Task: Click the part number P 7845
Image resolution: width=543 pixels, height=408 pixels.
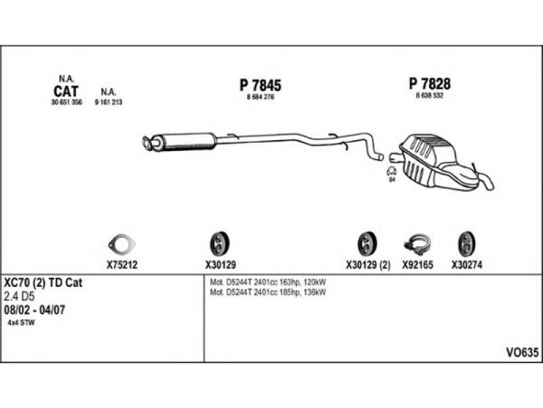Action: (260, 85)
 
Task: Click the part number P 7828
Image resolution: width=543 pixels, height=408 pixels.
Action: (430, 84)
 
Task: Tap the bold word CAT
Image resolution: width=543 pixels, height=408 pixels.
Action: (65, 90)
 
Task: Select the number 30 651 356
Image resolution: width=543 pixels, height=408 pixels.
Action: (66, 102)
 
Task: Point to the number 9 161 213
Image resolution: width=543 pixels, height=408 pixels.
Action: (108, 102)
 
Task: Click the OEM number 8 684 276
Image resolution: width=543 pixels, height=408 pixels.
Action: (260, 97)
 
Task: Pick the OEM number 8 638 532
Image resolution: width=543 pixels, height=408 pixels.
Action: (430, 96)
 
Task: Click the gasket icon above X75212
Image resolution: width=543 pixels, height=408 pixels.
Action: (122, 243)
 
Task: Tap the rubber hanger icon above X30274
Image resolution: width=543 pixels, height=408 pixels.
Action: (467, 243)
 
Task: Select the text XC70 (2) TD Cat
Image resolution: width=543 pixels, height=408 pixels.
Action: (43, 283)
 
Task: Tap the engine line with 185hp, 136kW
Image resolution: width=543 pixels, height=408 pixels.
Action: (269, 293)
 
